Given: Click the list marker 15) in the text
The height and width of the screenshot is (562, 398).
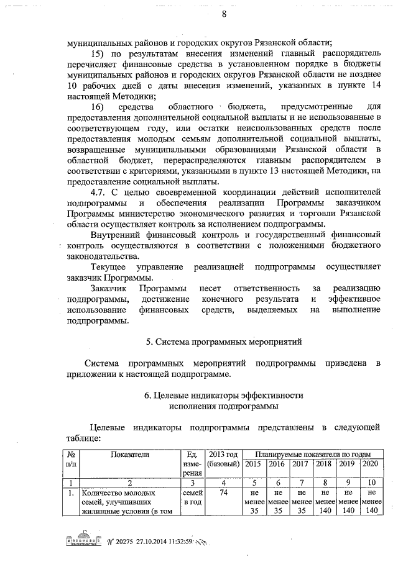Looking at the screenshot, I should point(99,55).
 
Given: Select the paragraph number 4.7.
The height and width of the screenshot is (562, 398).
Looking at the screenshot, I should point(100,191).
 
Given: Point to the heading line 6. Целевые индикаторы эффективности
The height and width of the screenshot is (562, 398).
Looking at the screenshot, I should point(223,396).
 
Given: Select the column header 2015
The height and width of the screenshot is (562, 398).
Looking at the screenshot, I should point(254,464).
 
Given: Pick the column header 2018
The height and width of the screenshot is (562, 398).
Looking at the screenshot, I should point(324,464).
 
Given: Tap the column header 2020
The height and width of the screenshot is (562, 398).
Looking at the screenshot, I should point(369,464).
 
